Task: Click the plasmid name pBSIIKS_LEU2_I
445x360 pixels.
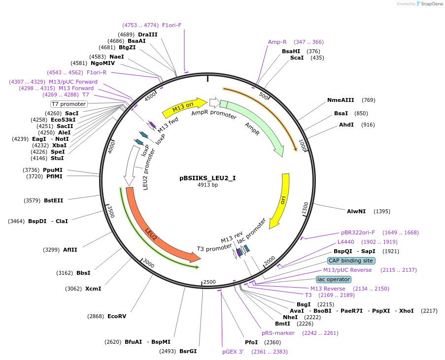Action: coord(207,178)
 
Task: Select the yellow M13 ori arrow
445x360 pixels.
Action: coord(184,107)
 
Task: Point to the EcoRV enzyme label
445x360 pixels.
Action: coord(117,316)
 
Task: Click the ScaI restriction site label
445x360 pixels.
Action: coord(297,58)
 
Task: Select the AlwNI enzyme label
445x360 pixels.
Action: coord(356,211)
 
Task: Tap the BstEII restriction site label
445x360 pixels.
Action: coord(53,200)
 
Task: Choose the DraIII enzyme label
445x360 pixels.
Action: coord(147,34)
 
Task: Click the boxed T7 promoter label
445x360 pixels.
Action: coord(68,104)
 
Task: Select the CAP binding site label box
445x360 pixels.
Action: coord(351,261)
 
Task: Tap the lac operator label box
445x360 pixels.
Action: coord(334,279)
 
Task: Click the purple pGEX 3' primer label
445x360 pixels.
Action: coord(233,352)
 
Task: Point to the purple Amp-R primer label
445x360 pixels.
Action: coord(277,42)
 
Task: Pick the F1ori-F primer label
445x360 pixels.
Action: coord(171,25)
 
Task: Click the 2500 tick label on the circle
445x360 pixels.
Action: coord(209,282)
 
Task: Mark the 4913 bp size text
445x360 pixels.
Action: coord(208,185)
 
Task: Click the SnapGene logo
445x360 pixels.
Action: coord(430,3)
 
